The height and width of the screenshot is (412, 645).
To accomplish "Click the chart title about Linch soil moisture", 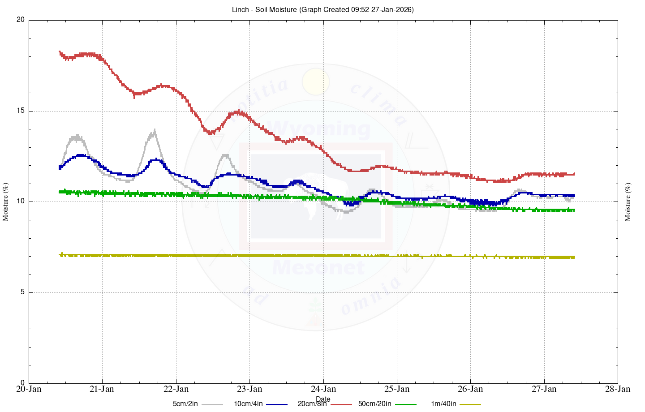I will [x=322, y=9].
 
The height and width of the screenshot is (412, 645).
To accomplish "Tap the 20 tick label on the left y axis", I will [x=21, y=20].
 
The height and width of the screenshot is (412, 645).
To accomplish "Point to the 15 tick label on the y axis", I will [x=21, y=111].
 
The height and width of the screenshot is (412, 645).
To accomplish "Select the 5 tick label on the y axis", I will [x=22, y=292].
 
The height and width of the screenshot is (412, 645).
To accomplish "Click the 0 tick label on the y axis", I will [x=22, y=383].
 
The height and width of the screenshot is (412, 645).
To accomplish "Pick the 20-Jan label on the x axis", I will [x=29, y=389].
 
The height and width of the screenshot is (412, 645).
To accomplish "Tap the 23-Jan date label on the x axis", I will [x=249, y=389].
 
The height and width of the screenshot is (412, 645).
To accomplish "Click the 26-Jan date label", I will [x=470, y=389].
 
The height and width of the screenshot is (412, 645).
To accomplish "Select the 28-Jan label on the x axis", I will [x=618, y=389].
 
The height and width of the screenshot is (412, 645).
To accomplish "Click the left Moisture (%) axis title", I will [x=6, y=202].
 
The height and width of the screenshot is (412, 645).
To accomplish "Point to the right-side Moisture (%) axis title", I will [x=628, y=202].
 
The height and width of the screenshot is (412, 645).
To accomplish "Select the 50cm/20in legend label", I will [x=374, y=404].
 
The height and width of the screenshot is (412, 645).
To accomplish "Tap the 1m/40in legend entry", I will [x=443, y=404].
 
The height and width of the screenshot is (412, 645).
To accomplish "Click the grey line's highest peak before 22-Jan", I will [x=155, y=130].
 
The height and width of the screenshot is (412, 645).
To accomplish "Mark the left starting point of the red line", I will [x=60, y=52].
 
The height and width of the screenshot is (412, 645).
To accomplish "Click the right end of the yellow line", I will [x=574, y=257].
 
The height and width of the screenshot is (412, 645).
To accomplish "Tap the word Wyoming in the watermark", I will [x=321, y=129].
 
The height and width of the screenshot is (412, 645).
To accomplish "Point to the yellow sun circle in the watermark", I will [x=316, y=82].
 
